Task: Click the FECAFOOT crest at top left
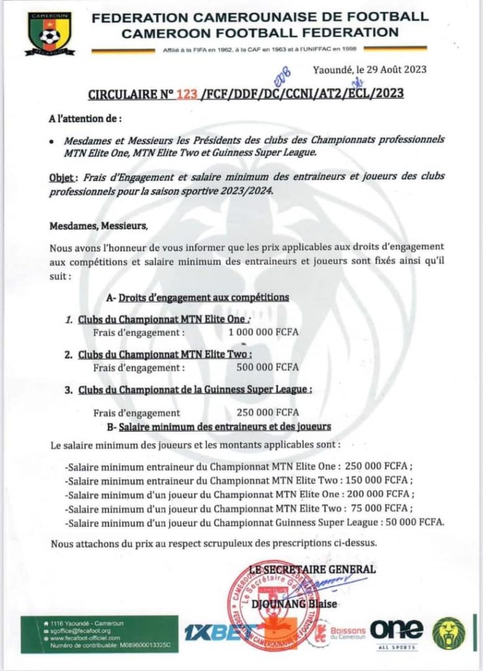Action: (x=50, y=32)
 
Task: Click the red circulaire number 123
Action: (x=187, y=94)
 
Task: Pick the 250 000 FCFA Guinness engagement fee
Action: (x=267, y=412)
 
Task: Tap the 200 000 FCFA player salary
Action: (x=378, y=494)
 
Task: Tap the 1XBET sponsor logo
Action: (x=204, y=634)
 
